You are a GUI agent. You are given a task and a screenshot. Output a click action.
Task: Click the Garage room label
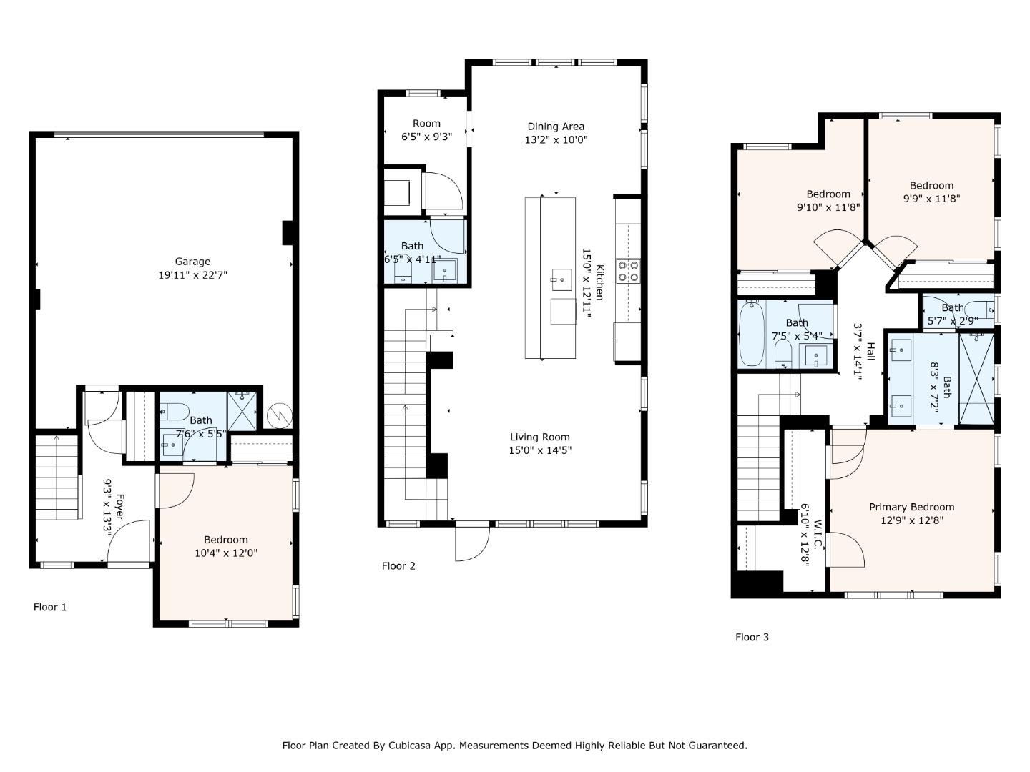coord(192,262)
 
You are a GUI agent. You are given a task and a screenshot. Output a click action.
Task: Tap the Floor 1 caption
coord(50,607)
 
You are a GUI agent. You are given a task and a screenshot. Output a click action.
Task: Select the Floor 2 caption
coord(398,566)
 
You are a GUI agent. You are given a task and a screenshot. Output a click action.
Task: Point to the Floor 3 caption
coord(752,637)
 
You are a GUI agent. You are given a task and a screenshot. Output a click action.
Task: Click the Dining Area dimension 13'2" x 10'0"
coord(556,140)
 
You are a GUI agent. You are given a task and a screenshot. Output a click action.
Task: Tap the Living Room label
coord(540,437)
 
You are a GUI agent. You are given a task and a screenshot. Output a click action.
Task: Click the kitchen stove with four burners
coord(628,272)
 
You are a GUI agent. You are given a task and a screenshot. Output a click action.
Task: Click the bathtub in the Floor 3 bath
coord(752,334)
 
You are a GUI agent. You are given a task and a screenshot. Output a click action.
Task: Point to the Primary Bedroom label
coord(911,507)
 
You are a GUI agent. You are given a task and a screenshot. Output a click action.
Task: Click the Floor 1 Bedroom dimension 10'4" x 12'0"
coord(226,553)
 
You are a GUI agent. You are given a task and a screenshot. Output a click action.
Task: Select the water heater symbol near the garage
coord(278,415)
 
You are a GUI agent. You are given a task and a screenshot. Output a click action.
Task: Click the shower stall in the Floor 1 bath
coord(242,410)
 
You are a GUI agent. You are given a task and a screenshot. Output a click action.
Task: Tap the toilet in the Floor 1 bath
coord(173,411)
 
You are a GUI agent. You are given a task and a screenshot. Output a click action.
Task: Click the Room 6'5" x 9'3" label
coord(426,123)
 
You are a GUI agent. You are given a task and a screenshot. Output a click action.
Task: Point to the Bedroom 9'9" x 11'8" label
coord(931,185)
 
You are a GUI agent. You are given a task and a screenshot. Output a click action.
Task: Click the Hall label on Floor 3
coord(870,352)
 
